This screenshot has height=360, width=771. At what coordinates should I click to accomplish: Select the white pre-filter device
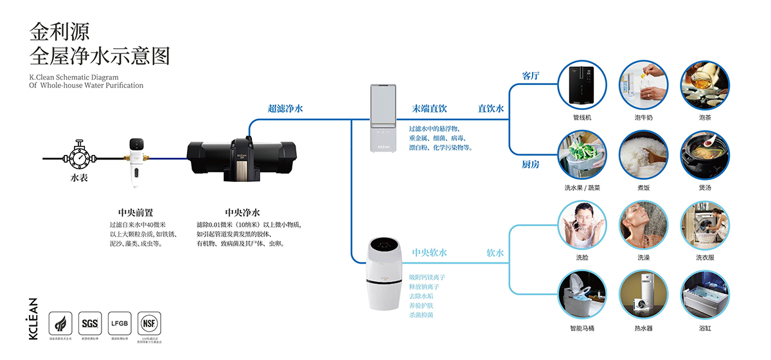coord(136,161)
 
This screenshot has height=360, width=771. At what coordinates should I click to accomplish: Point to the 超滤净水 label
coord(285,109)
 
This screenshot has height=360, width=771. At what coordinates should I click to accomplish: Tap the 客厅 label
coord(531,76)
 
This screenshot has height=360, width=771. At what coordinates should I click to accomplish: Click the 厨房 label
coord(531,165)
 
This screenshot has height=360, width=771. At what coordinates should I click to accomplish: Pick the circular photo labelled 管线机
coord(582,85)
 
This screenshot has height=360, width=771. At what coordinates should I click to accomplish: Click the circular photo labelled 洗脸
coord(582,225)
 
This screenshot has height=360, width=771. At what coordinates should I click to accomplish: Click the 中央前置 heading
coord(136,212)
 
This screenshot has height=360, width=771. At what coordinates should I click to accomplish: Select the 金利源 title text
coord(60,31)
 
